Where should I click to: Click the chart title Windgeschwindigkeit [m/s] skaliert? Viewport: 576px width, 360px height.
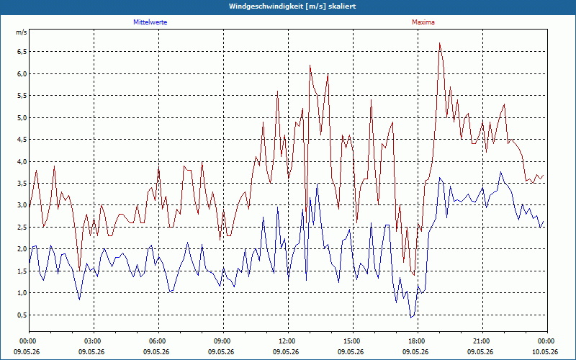pos(292,6)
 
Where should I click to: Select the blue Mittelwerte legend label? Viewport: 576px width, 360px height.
pos(150,22)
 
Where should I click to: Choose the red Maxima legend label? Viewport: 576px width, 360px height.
pos(423,22)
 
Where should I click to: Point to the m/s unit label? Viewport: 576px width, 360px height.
pos(22,32)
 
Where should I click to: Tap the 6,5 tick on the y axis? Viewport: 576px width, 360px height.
pos(22,52)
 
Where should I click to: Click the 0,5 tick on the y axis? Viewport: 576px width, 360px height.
pos(22,315)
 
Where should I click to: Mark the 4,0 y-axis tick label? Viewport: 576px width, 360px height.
pos(22,161)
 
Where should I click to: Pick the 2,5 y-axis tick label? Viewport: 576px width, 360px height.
pos(22,228)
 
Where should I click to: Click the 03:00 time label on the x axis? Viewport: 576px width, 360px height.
pos(94,341)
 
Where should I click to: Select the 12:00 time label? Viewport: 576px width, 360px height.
pos(289,341)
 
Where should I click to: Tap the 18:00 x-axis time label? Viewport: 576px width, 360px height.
pos(418,341)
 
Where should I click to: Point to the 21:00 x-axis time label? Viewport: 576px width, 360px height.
pos(482,341)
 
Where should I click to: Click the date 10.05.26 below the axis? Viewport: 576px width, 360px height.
pos(545,352)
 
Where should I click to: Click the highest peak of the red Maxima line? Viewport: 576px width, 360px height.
pos(439,43)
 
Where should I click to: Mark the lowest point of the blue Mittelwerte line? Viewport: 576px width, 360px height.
pos(411,318)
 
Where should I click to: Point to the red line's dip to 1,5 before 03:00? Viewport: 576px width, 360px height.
pos(79,271)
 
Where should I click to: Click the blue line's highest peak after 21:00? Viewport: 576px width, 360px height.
pos(500,171)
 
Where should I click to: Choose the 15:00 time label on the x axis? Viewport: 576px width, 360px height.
pos(353,341)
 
